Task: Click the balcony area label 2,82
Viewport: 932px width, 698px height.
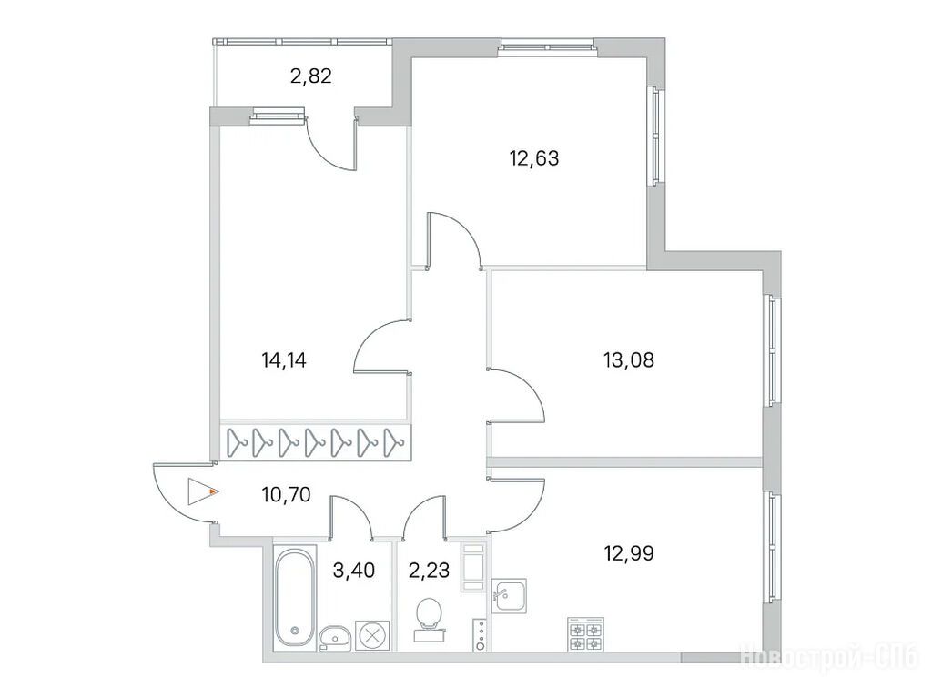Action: pos(311,76)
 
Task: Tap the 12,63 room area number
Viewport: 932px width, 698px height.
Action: pos(534,158)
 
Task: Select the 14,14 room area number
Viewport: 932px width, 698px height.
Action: pos(284,359)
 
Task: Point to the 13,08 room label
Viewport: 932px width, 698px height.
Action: pos(629,359)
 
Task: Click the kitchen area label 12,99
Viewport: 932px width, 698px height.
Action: pos(629,553)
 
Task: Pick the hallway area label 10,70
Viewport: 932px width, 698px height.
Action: pos(286,494)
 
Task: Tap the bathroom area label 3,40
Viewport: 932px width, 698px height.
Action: pos(354,571)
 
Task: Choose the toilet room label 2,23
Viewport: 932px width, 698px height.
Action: pos(430,571)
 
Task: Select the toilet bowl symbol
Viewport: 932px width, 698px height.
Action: pos(430,618)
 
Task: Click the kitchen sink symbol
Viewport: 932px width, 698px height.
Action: pos(509,596)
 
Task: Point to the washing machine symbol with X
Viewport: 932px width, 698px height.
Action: pos(372,635)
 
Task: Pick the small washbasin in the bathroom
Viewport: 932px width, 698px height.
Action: pos(335,637)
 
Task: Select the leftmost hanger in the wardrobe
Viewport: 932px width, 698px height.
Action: pos(238,443)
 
